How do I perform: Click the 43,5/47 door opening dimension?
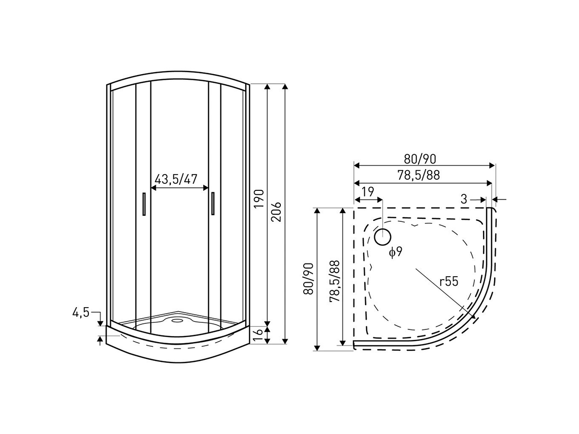click(x=175, y=179)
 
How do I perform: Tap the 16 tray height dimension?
click(x=259, y=333)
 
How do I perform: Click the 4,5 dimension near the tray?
click(x=81, y=313)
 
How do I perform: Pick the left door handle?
click(x=144, y=205)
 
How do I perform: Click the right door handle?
click(x=213, y=205)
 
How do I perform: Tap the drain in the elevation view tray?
click(x=178, y=320)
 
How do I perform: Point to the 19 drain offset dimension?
click(x=368, y=192)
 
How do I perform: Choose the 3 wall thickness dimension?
click(x=464, y=199)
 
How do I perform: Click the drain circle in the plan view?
click(x=382, y=236)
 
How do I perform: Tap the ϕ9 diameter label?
click(x=396, y=252)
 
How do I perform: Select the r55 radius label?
click(x=449, y=282)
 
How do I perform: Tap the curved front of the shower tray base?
click(x=178, y=355)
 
